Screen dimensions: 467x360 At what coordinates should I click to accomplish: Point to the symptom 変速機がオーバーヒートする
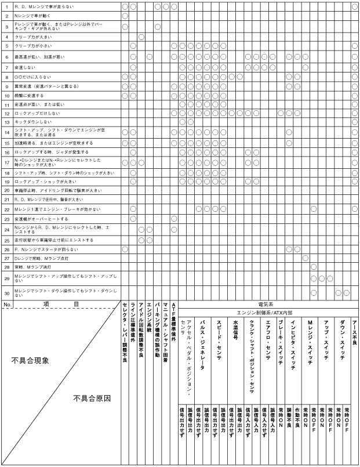[x=41, y=219]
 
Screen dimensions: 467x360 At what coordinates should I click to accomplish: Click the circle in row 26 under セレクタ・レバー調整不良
[x=125, y=248]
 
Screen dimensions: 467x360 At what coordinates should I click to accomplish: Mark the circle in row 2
[x=125, y=16]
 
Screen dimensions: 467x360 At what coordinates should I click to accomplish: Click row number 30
[x=6, y=292]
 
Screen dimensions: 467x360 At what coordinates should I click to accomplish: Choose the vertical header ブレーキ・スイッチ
[x=281, y=336]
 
